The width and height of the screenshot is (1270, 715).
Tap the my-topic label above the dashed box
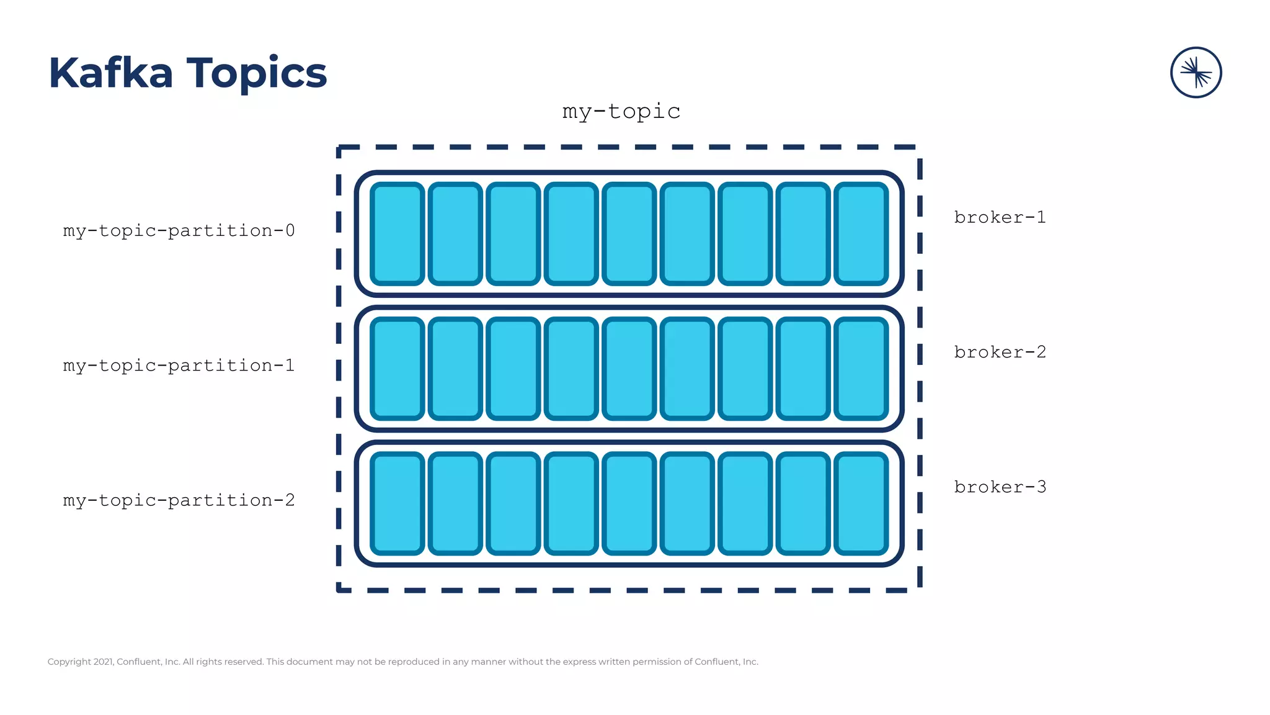621,112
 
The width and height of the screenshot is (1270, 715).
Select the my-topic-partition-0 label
179,231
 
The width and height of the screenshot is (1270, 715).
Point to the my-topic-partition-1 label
179,366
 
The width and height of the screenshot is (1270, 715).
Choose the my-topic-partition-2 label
179,500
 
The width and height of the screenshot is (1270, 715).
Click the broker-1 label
1000,217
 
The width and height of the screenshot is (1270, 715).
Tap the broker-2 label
1000,352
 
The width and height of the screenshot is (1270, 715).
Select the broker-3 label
1000,487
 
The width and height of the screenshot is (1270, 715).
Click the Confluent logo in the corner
1196,73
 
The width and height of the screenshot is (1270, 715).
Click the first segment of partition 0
397,234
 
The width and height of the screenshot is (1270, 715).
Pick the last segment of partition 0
861,234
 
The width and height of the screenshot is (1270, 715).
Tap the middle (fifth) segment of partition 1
629,369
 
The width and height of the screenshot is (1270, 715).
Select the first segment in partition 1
397,369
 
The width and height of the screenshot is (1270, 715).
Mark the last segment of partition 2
861,503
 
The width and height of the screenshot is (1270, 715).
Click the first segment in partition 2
397,503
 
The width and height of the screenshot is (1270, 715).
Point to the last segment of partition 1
861,369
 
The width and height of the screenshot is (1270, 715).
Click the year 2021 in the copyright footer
104,662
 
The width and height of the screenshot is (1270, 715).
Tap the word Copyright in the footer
69,662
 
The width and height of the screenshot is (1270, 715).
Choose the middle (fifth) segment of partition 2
629,503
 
